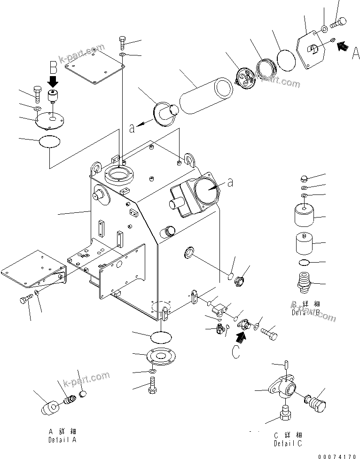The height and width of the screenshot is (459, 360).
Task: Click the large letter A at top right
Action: (x=356, y=55)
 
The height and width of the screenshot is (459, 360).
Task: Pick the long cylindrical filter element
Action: (x=205, y=92)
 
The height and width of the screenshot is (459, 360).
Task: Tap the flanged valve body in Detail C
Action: (x=283, y=391)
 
